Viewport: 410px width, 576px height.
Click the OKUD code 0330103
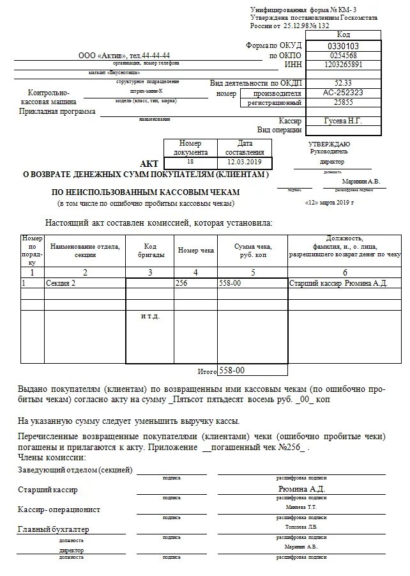click(343, 46)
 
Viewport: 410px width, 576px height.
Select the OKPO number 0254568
click(343, 56)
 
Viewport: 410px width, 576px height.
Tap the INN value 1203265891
click(343, 65)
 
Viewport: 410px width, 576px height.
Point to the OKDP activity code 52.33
click(343, 83)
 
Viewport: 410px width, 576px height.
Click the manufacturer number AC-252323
click(343, 93)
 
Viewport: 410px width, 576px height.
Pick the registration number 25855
click(343, 102)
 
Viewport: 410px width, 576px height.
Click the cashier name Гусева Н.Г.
click(343, 121)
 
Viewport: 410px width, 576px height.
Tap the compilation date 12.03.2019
click(245, 163)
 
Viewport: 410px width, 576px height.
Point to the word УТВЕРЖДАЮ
click(329, 144)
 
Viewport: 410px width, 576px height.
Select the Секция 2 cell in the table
click(61, 283)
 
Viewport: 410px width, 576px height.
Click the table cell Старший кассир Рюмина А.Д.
click(338, 283)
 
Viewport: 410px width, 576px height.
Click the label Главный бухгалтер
click(54, 529)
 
